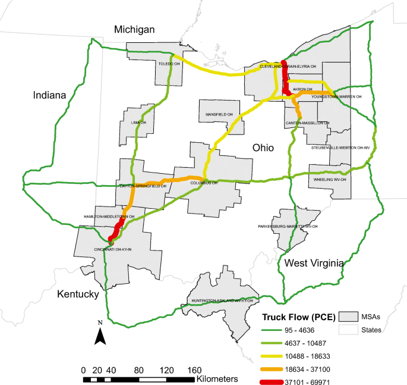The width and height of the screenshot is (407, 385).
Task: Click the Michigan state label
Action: (135, 30)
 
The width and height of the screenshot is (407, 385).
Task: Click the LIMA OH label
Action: (138, 123)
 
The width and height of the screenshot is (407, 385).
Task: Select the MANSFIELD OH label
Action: (219, 114)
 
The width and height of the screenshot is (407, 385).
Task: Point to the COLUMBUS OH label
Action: (204, 183)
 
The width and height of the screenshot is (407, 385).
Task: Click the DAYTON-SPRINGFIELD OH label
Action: (143, 186)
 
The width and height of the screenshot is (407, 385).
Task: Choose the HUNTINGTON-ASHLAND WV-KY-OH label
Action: (223, 301)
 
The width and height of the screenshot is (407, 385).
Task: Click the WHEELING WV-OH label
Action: (329, 179)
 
